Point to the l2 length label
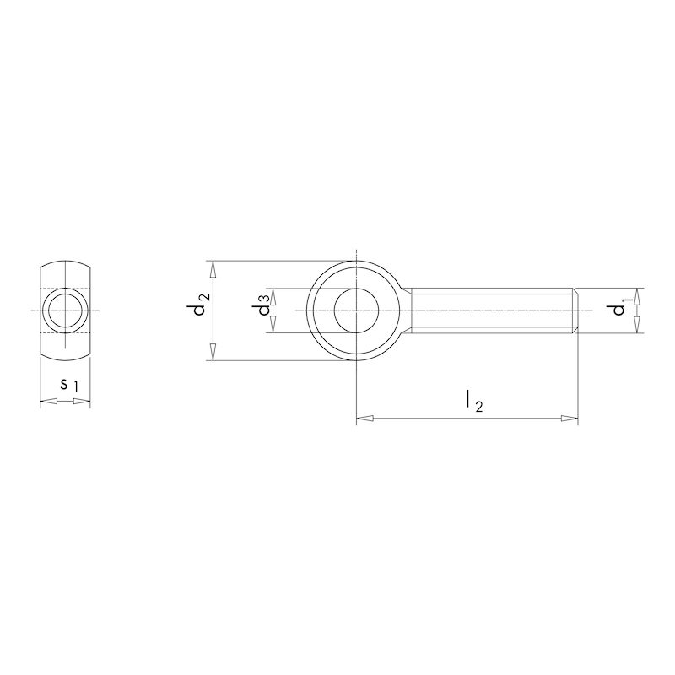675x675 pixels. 473,402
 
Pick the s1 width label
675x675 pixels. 68,385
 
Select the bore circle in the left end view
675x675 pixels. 66,311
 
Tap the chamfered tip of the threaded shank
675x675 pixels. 575,311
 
